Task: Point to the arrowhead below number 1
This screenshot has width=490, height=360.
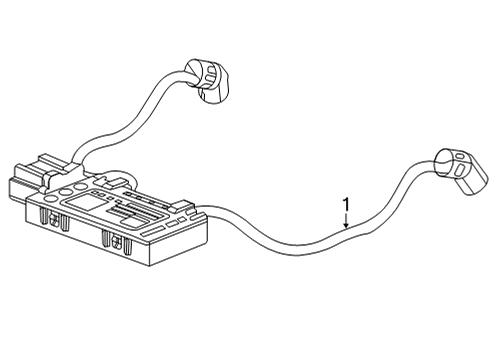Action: click(x=346, y=229)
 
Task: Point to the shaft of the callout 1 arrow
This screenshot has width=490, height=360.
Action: click(x=346, y=219)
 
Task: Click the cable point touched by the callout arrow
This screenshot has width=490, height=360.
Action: click(x=346, y=233)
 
